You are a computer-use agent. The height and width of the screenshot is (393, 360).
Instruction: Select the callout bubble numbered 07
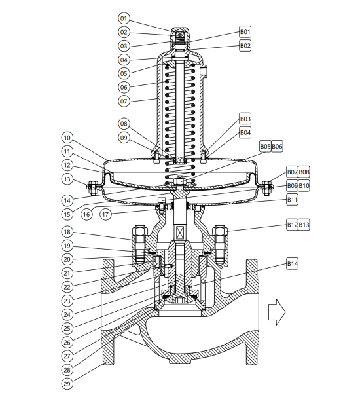pyautogui.click(x=124, y=101)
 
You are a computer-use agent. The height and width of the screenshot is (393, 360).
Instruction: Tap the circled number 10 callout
pyautogui.click(x=67, y=138)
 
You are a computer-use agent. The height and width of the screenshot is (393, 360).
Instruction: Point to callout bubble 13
pyautogui.click(x=67, y=179)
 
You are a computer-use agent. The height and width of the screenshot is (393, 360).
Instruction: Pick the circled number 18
pyautogui.click(x=67, y=232)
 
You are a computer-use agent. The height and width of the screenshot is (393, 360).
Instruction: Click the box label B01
pyautogui.click(x=245, y=31)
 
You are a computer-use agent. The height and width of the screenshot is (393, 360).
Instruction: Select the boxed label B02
pyautogui.click(x=245, y=45)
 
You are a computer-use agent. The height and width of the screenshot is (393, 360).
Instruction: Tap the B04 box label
pyautogui.click(x=245, y=132)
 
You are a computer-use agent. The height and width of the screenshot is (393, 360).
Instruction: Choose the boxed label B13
pyautogui.click(x=304, y=225)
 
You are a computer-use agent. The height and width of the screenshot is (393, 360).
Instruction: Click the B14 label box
pyautogui.click(x=292, y=263)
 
